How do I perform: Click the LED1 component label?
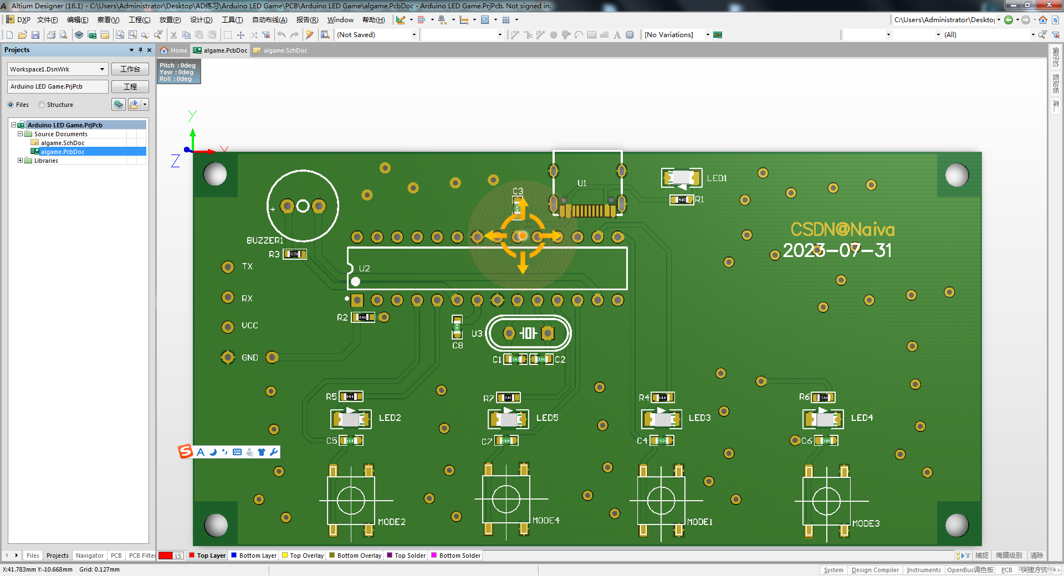coord(717,178)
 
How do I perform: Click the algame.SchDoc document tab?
coord(285,50)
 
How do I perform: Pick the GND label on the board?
coord(249,358)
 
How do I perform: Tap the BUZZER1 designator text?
coord(265,240)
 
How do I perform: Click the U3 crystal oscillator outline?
coord(528,333)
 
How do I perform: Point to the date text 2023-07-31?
coord(837,250)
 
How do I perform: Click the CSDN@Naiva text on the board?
coord(842,229)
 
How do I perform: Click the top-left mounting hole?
coord(215,174)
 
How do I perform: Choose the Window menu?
coord(340,20)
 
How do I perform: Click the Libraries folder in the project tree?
coord(46,161)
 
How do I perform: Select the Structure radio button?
coord(42,105)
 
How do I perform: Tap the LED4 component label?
coord(862,418)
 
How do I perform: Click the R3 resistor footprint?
coord(295,254)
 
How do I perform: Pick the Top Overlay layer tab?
coord(306,556)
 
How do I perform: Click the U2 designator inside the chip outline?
coord(364,269)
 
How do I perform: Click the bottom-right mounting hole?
coord(956,525)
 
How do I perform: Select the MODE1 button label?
coord(700,522)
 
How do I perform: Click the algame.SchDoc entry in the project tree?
coord(62,143)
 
